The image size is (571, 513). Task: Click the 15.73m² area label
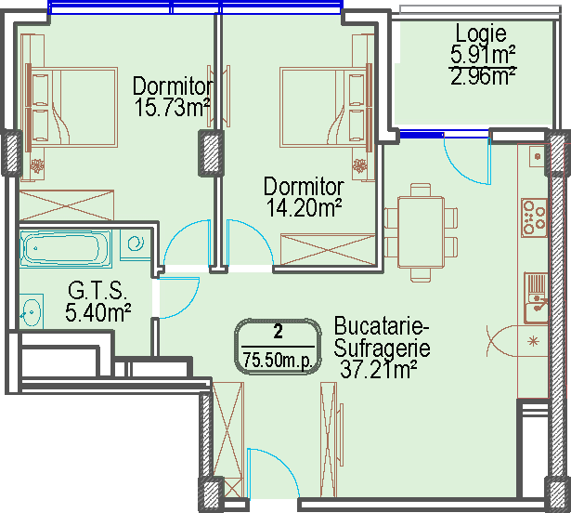172,108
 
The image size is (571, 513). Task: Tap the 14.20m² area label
304,208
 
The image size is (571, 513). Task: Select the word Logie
481,33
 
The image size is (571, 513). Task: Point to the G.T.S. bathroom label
97,291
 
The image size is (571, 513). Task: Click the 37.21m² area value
379,370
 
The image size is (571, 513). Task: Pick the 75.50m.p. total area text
278,361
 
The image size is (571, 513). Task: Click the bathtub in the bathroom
66,248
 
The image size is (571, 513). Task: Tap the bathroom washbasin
32,311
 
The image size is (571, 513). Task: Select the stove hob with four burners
534,217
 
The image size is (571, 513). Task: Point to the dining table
421,232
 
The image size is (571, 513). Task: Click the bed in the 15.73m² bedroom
72,107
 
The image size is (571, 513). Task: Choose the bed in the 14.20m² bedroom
326,107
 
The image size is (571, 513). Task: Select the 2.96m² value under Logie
483,76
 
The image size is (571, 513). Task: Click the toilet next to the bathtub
136,244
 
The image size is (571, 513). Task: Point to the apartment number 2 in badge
278,332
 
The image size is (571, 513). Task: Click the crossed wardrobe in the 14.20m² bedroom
328,249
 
